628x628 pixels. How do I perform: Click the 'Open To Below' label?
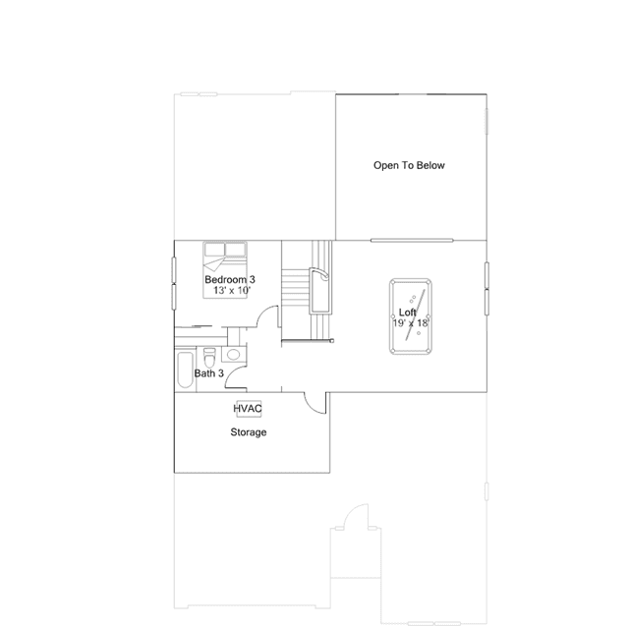[x=409, y=165]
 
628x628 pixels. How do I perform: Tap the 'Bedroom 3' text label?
[x=230, y=279]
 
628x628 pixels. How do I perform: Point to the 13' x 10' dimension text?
[x=232, y=290]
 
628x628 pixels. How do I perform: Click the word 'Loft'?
[x=407, y=313]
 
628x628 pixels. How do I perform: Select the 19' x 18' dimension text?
[x=411, y=323]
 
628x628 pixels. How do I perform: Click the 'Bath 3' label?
[x=208, y=373]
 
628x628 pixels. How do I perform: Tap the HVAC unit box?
[x=249, y=409]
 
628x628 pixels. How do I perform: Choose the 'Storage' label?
[x=249, y=432]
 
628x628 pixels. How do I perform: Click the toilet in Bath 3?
[x=209, y=358]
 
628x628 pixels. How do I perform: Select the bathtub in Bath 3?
[x=185, y=370]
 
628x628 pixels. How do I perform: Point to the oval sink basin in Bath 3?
[x=233, y=355]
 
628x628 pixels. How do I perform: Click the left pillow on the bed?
[x=214, y=249]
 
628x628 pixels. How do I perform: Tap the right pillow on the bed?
[x=235, y=249]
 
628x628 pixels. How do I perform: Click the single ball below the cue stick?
[x=419, y=333]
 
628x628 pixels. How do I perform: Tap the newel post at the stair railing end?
[x=331, y=341]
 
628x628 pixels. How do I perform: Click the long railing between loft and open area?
[x=412, y=241]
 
